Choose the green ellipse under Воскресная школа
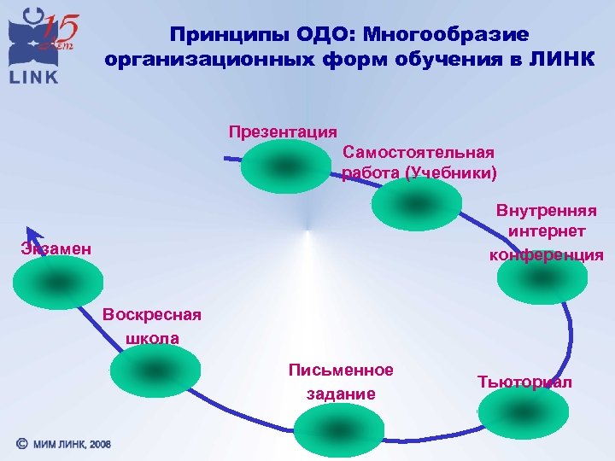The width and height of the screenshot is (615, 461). pos(155,371)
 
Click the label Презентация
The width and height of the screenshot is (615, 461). pos(283,131)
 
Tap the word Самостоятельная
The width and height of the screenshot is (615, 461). pos(418,152)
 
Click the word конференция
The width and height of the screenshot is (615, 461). pos(546,254)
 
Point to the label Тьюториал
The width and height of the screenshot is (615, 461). pos(524,382)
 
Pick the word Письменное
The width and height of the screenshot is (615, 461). pos(341,370)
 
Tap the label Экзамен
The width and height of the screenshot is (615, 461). pos(56,248)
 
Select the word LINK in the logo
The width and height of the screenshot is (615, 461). pos(34,77)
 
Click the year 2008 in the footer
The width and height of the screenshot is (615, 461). pos(99,445)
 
